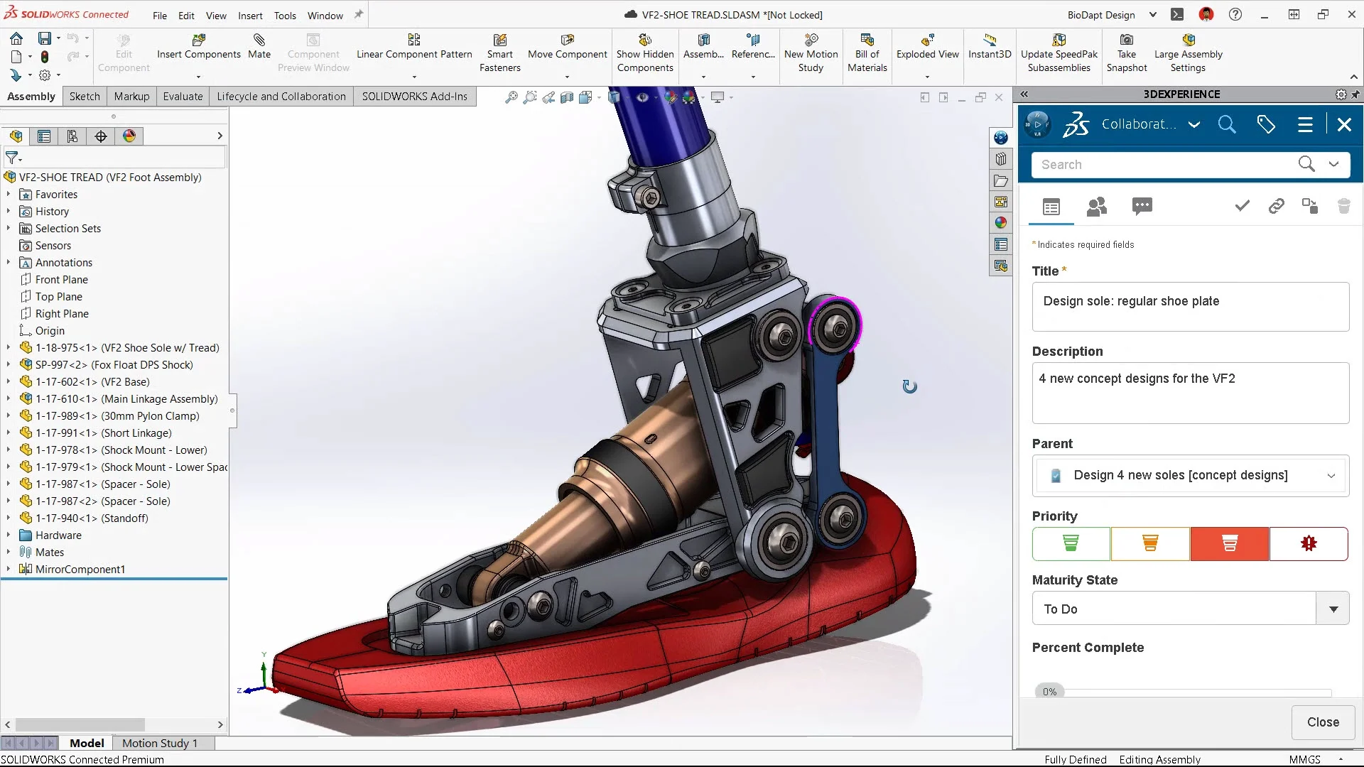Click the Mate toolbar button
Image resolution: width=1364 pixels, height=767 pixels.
pos(259,46)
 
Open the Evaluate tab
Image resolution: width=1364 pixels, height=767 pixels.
pos(183,97)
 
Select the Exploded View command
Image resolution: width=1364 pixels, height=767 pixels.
pos(927,47)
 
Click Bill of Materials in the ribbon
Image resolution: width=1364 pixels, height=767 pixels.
pos(867,53)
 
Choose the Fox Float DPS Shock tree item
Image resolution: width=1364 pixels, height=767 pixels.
pos(114,365)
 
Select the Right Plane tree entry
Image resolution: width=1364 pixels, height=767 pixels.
pos(62,314)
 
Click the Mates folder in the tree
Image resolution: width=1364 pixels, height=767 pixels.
pos(49,553)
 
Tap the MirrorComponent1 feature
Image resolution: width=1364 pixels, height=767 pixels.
pos(80,570)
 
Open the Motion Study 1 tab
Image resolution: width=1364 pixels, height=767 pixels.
pos(159,743)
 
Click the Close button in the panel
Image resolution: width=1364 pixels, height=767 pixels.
pos(1322,722)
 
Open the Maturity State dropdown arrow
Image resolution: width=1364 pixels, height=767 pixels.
pos(1333,609)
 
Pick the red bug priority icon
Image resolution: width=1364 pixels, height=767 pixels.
pos(1308,544)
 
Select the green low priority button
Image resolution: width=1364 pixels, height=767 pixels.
pos(1071,544)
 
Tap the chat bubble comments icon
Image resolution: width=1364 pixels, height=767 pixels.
pos(1142,207)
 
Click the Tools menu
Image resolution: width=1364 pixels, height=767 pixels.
pos(285,16)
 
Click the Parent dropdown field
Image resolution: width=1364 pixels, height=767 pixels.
pos(1189,476)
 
